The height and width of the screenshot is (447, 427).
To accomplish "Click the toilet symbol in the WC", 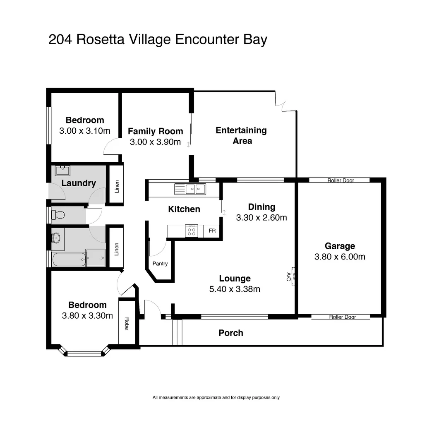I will pos(58,215).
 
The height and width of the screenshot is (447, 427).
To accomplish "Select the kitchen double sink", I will pos(195,189).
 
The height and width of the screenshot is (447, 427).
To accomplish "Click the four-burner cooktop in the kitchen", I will pos(191,231).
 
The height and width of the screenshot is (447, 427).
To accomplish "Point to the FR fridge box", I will pos(212,231).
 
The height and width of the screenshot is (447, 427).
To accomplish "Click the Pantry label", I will pos(160,264).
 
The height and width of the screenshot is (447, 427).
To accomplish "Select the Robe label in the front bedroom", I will pos(127,323).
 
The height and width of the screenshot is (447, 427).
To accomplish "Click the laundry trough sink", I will pos(63,170).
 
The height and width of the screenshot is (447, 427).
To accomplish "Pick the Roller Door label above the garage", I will pos(341,180).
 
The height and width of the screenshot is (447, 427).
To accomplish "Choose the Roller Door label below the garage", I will pos(342,317).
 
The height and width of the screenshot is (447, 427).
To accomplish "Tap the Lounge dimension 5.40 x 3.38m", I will pos(235,289).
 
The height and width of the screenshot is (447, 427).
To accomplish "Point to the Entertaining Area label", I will pos(242,135).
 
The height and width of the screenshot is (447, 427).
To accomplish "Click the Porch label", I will pos(230,333).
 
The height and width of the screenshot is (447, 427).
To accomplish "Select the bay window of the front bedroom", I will pos(84,353).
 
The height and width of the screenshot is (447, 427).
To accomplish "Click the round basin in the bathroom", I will pos(56,238).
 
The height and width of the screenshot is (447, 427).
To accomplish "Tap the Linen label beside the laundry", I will pos(117,187).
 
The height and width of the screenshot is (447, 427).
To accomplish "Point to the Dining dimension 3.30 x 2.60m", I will pos(261,217).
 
